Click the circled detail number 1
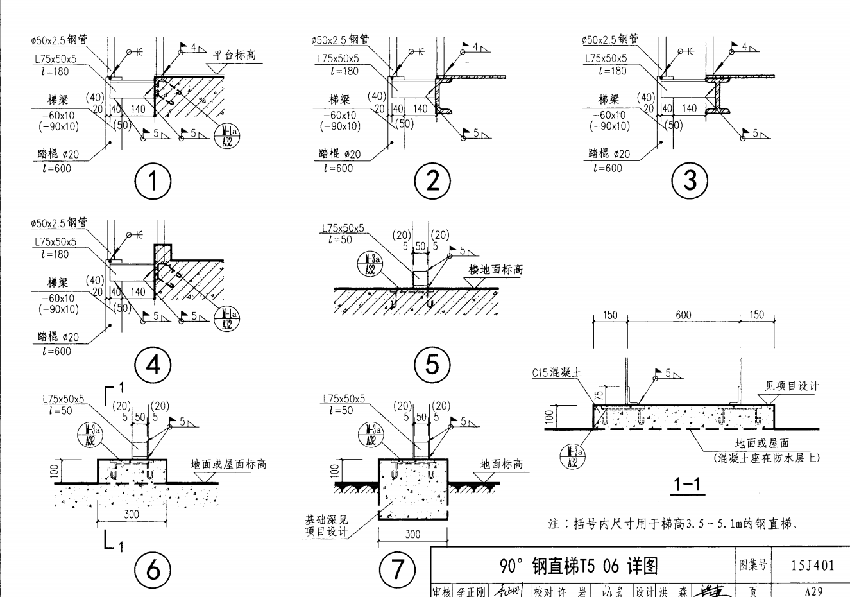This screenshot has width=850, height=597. point(153,181)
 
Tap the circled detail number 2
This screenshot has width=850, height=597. point(432,181)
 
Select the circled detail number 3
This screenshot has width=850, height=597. point(690,180)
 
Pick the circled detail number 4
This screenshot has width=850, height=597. point(153,365)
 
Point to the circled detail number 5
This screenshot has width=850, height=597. point(432,365)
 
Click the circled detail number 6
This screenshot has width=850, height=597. point(153,569)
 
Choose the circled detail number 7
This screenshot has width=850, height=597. point(398,569)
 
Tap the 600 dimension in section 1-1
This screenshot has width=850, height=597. point(683,315)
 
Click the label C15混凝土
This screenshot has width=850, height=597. point(556,372)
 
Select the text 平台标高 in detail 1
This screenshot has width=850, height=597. point(235,55)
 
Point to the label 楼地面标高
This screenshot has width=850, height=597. point(495,270)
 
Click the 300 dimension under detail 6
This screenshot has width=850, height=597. point(132,514)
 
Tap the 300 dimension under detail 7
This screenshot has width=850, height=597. point(412,534)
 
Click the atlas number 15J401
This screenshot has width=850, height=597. point(813,565)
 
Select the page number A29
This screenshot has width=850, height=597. point(813,591)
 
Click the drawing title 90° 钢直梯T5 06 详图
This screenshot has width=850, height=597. point(579,566)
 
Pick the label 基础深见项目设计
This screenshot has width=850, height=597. point(327,526)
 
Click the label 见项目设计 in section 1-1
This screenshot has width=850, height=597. point(792,386)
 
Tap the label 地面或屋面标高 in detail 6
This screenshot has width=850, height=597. point(228,464)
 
